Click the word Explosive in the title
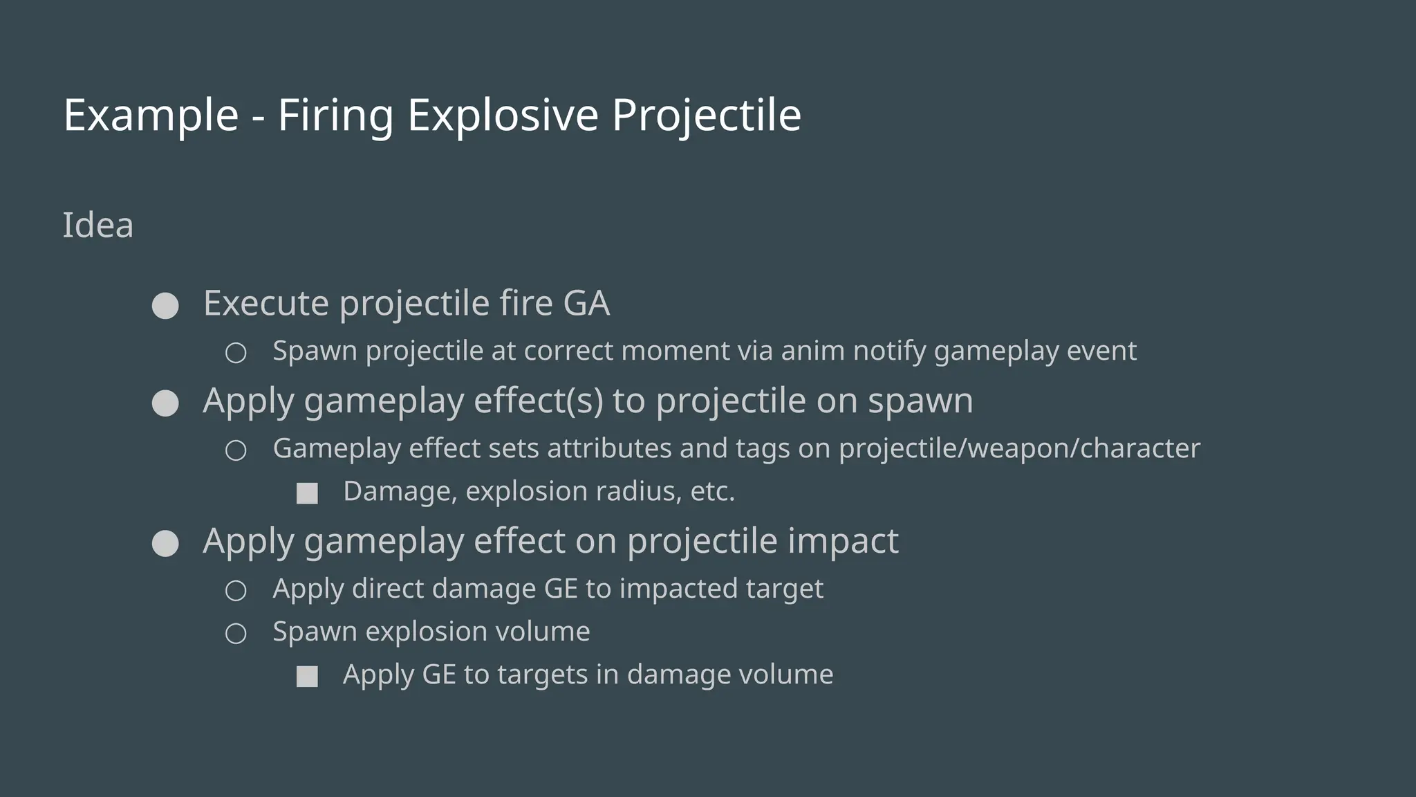click(502, 115)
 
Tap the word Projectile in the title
click(706, 115)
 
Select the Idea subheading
click(97, 226)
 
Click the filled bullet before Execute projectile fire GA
click(165, 306)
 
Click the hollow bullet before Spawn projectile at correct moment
click(236, 353)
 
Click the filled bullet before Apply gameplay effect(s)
click(165, 403)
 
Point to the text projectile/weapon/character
click(1019, 448)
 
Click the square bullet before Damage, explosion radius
click(307, 493)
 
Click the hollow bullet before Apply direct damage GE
click(236, 591)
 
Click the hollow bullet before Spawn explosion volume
click(236, 634)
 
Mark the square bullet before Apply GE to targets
click(307, 677)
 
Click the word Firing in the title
click(335, 115)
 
